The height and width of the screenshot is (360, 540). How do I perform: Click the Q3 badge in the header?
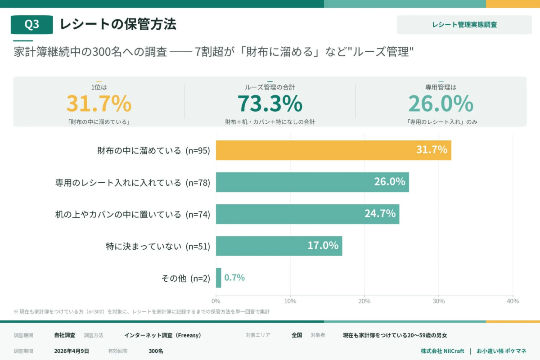point(31,25)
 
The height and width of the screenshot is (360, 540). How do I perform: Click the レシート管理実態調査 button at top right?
point(464,25)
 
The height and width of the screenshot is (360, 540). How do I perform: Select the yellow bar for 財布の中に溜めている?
point(333,150)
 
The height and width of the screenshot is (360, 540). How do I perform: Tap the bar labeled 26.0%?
point(312,182)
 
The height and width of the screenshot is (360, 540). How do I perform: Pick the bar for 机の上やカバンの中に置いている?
point(307,214)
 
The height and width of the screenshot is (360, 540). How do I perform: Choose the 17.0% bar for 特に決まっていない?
point(279,246)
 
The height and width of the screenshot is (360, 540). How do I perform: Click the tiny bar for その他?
point(219,278)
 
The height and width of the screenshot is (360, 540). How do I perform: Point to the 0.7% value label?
point(234,278)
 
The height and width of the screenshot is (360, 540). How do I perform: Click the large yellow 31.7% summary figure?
point(99,103)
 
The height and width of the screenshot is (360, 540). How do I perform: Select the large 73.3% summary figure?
point(270,103)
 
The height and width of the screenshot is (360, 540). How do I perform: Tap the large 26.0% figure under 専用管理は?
point(441,103)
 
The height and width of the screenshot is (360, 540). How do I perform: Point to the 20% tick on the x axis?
point(364,301)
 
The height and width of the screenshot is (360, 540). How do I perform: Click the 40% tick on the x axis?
point(513,301)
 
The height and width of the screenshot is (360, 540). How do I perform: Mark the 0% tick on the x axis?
point(216,301)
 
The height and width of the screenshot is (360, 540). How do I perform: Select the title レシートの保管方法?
point(118,24)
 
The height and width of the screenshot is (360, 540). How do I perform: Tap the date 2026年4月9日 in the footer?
point(72,351)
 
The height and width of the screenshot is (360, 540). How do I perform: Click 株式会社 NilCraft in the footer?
point(442,351)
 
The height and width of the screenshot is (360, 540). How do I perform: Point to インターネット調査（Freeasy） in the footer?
point(162,335)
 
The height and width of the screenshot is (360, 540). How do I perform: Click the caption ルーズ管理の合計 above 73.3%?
point(270,87)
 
